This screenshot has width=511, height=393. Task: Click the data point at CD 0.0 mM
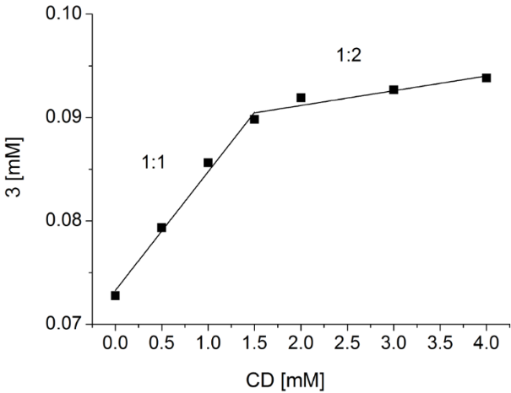click(x=115, y=295)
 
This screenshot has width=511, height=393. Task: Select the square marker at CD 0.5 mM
click(x=161, y=227)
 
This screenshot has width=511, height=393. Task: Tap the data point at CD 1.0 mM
click(x=208, y=162)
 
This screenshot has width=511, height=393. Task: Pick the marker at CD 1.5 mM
click(x=254, y=119)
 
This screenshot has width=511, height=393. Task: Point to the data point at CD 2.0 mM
click(x=301, y=98)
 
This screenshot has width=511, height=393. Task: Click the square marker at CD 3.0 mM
click(x=394, y=89)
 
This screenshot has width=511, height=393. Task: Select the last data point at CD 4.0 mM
click(x=487, y=78)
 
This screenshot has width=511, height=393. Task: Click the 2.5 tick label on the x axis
click(x=347, y=344)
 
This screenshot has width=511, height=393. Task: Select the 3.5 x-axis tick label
click(x=440, y=344)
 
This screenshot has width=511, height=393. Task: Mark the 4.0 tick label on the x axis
click(x=487, y=344)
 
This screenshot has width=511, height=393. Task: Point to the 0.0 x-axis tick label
click(x=115, y=344)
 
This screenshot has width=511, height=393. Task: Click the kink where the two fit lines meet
click(x=253, y=112)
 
